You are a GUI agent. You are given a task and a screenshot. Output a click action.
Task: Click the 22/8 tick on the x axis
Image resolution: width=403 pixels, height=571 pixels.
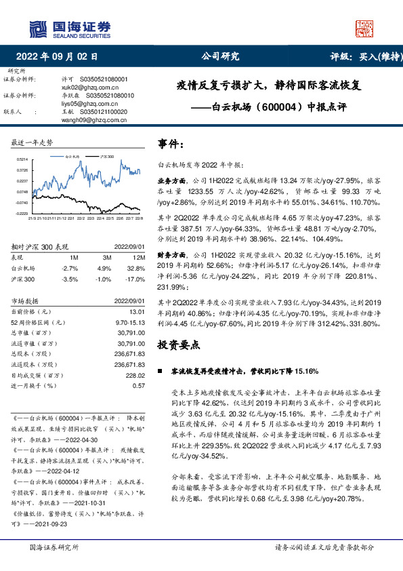pos(139,218)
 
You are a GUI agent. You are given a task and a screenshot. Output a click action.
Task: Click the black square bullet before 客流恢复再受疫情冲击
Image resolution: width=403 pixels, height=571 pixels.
pos(160,372)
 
